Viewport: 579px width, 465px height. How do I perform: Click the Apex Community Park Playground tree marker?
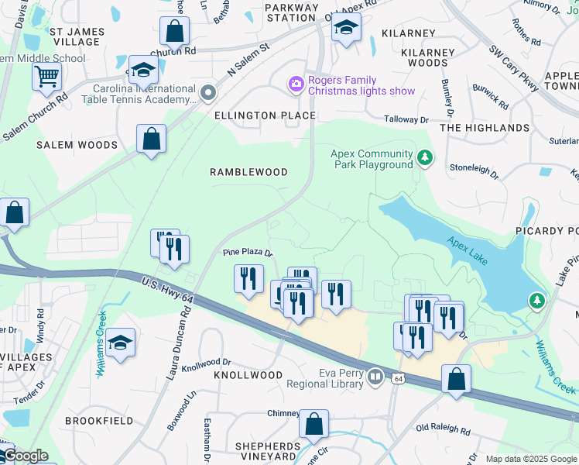[x=424, y=159]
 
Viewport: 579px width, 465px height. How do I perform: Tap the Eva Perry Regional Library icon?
[x=375, y=377]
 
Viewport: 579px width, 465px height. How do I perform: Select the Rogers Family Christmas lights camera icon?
[x=295, y=84]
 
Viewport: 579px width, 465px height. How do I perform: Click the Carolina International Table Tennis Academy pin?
[x=207, y=94]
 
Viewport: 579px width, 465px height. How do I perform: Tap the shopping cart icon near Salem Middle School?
[x=47, y=76]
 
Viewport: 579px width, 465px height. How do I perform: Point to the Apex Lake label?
[x=467, y=252]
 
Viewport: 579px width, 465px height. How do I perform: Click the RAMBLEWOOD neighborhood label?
[x=248, y=172]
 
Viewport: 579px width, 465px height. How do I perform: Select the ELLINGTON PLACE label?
[x=265, y=115]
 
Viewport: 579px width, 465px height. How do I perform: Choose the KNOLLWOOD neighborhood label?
[x=248, y=375]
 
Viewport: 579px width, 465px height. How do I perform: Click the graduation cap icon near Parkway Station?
[x=346, y=28]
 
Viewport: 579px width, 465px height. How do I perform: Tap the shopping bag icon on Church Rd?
[x=174, y=32]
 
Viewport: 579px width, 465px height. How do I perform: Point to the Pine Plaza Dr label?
[x=248, y=253]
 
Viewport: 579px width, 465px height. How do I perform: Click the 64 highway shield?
[x=398, y=377]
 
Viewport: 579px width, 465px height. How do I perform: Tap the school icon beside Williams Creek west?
[x=120, y=343]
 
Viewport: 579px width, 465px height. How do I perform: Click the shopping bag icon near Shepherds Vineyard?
[x=313, y=424]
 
